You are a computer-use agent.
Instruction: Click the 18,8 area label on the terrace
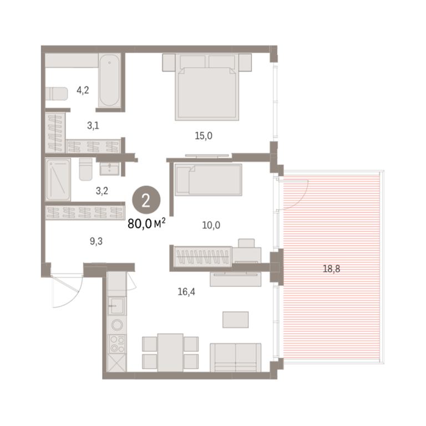point(331,268)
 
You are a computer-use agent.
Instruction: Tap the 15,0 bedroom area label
point(204,135)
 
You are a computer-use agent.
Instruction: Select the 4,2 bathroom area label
point(83,90)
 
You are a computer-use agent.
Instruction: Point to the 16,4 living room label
point(186,292)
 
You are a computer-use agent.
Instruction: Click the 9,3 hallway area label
point(96,241)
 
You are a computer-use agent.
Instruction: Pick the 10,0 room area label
point(211,225)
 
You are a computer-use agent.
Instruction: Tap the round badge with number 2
point(146,200)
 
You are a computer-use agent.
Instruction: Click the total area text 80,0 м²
point(146,224)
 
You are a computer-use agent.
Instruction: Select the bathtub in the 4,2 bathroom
point(109,80)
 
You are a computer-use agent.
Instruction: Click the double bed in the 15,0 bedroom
point(207,87)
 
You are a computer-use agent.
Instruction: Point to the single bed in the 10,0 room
point(209,180)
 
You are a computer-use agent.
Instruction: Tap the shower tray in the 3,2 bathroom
point(58,180)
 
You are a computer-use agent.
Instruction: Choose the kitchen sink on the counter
point(117,306)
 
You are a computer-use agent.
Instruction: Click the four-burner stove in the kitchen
point(117,344)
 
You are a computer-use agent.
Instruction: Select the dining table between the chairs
point(170,353)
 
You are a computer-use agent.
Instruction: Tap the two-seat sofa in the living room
point(236,358)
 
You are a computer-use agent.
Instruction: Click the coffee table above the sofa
point(236,319)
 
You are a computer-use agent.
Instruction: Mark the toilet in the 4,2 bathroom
point(56,94)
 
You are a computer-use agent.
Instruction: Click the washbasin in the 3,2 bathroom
point(109,169)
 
